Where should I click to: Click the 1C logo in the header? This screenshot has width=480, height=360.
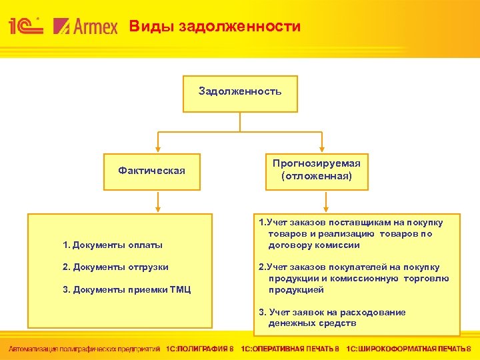[26, 26]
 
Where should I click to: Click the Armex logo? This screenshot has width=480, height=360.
[85, 27]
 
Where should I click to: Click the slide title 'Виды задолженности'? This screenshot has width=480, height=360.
[215, 27]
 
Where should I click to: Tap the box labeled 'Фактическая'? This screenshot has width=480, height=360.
[151, 171]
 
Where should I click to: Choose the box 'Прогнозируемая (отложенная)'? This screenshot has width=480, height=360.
[316, 171]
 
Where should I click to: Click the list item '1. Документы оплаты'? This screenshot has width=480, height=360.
[113, 245]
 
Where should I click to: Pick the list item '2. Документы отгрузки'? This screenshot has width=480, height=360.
[115, 267]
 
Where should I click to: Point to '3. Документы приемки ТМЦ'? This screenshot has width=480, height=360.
[127, 289]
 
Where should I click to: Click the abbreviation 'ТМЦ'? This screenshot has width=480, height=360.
[179, 289]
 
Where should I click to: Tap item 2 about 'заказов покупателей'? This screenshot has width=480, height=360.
[353, 279]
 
